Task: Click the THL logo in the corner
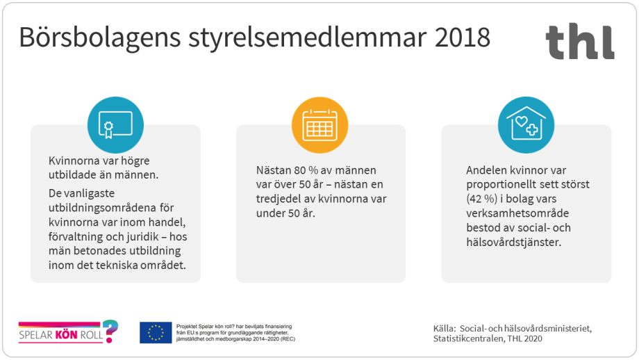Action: pos(579,42)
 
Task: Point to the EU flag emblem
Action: pos(156,333)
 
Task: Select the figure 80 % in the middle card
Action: pos(309,170)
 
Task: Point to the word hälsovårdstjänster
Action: pos(513,243)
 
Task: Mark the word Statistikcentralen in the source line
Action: pos(468,339)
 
